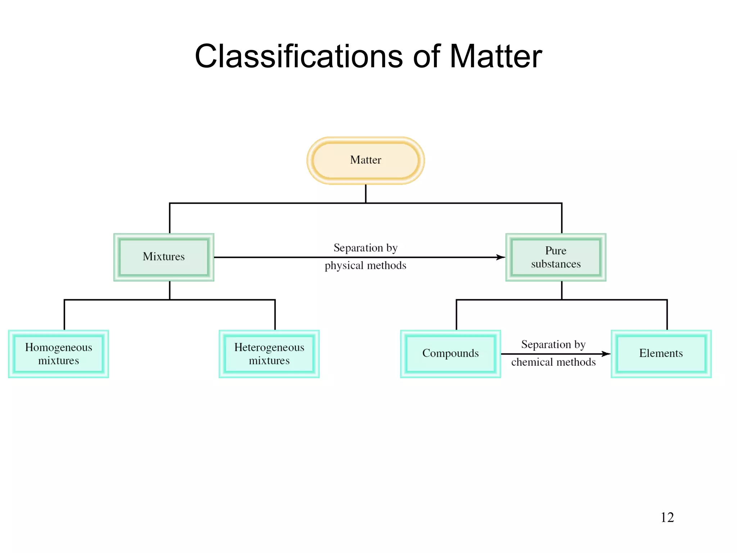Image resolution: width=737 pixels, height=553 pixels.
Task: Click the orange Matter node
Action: click(x=366, y=160)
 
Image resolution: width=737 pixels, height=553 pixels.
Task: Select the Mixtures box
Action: click(x=164, y=257)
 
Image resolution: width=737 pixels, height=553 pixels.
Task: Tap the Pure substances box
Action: click(x=556, y=257)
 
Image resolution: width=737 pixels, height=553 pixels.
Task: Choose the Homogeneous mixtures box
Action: click(x=59, y=354)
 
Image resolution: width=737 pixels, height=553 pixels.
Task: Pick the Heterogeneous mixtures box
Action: click(x=269, y=354)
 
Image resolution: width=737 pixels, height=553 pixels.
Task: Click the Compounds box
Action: click(x=450, y=354)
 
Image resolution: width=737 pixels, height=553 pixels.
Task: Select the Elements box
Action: click(x=661, y=354)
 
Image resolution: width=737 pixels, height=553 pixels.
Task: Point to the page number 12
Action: click(x=667, y=517)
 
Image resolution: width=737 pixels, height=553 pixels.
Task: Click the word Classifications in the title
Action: click(x=298, y=57)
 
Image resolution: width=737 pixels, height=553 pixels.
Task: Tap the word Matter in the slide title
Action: click(x=496, y=57)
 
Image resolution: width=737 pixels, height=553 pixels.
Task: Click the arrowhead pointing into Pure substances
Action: click(x=501, y=257)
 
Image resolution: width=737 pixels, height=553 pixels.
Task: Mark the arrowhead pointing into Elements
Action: click(x=606, y=354)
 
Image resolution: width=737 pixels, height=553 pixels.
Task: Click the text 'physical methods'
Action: click(x=365, y=266)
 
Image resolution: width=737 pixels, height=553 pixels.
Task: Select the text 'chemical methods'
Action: click(x=553, y=362)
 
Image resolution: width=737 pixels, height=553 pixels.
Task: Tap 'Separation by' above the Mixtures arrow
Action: click(x=365, y=248)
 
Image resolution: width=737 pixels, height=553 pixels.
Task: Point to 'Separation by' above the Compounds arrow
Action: click(x=553, y=345)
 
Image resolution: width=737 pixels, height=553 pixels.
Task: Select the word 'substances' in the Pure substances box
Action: click(x=556, y=264)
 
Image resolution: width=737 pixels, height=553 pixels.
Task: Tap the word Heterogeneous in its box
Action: click(x=269, y=347)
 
